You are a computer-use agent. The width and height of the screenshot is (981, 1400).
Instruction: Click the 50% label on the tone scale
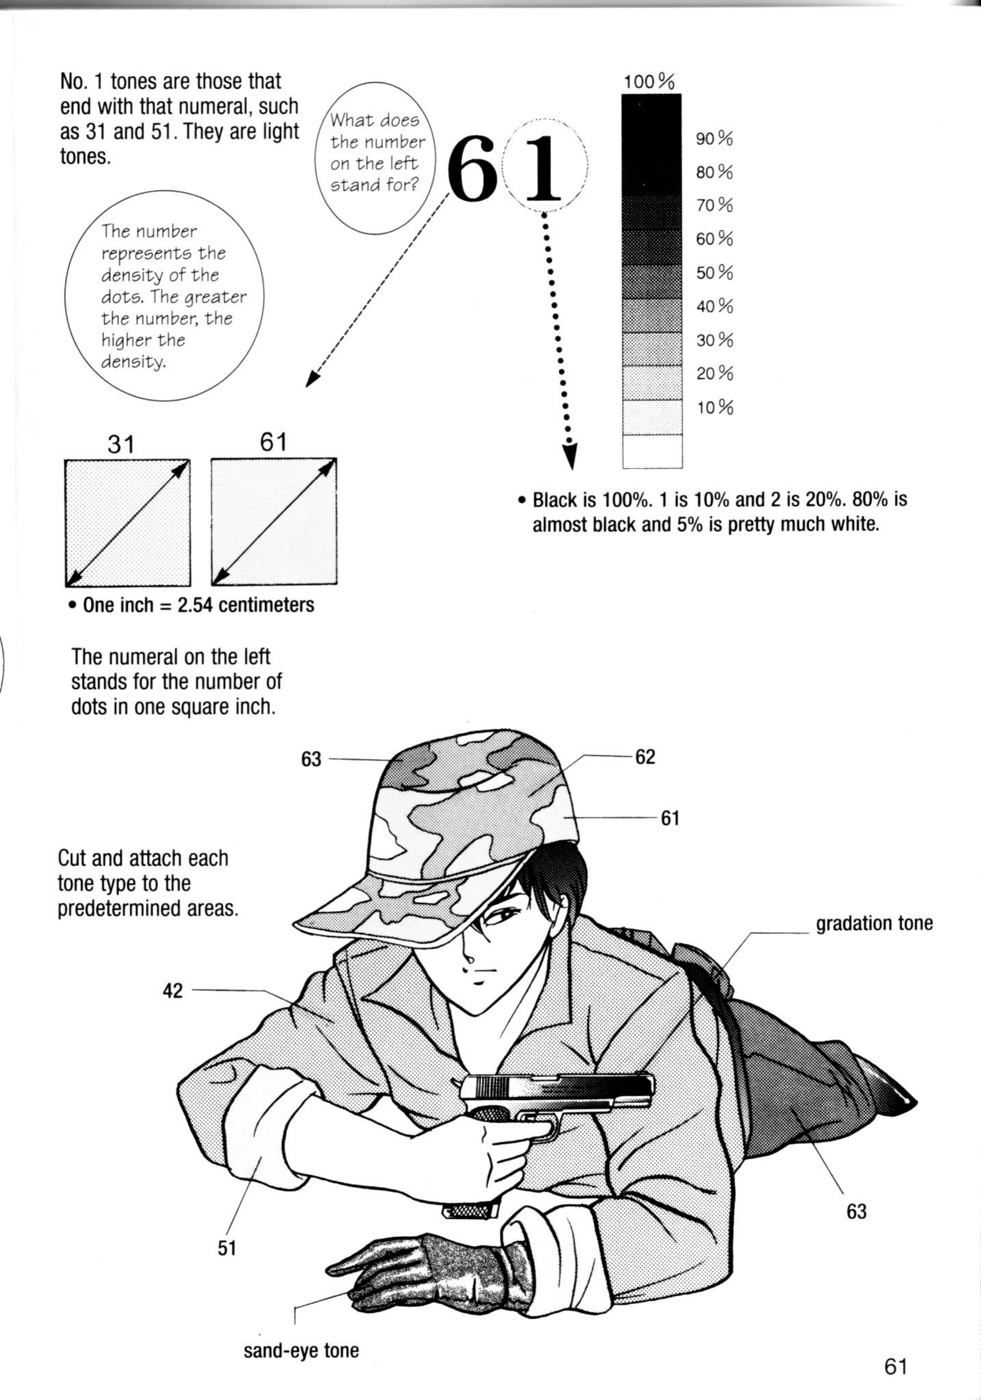pos(715,272)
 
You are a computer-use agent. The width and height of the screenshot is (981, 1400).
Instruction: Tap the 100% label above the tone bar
pos(649,82)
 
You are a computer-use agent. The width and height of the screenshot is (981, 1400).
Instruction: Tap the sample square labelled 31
pos(127,522)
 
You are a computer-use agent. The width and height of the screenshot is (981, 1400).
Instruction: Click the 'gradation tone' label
pos(874,924)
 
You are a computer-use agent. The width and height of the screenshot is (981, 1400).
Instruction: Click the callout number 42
pos(172,991)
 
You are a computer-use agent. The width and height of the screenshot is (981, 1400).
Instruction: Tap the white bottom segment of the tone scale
pos(652,451)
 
